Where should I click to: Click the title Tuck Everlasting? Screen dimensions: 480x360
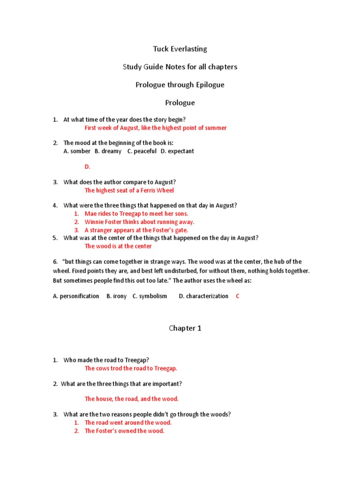click(x=180, y=49)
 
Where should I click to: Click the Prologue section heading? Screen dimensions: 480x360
click(x=180, y=103)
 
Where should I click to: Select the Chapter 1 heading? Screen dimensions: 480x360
click(x=185, y=328)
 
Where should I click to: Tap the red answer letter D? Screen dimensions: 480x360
click(x=87, y=166)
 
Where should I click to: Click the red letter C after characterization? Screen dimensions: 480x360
click(x=238, y=296)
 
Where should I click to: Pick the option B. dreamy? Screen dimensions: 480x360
click(x=108, y=151)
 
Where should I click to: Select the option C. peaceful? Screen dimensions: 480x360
click(x=142, y=151)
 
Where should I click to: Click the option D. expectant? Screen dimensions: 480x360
click(x=177, y=151)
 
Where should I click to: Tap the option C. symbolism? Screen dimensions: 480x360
click(x=150, y=296)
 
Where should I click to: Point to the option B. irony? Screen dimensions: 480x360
click(x=117, y=296)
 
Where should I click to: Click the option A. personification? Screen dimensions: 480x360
click(x=76, y=296)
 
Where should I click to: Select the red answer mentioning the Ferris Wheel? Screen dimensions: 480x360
click(x=129, y=190)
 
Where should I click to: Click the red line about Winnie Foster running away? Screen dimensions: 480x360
click(x=139, y=222)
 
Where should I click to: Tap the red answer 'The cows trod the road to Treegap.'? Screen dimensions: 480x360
click(x=131, y=368)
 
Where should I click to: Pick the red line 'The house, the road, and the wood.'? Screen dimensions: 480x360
click(x=132, y=399)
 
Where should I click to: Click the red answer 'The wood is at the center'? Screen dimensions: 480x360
click(x=118, y=246)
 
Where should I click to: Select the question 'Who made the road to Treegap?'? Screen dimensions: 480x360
click(x=106, y=360)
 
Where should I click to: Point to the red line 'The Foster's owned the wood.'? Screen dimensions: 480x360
click(x=124, y=431)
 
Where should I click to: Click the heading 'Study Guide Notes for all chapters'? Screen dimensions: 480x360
click(x=180, y=67)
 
